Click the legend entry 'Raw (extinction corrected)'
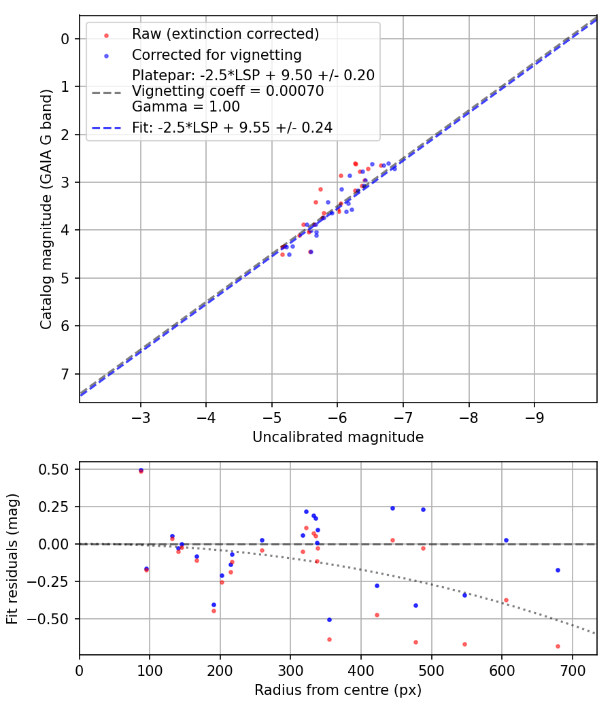(225, 34)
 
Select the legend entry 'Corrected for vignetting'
(217, 54)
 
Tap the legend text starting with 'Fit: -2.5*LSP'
(232, 127)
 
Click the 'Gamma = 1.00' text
(186, 106)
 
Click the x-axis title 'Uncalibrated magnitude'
(338, 437)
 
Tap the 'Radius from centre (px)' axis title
(338, 690)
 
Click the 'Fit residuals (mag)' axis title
(13, 559)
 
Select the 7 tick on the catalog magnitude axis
(65, 374)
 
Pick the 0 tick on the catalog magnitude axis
(65, 39)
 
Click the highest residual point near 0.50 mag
(141, 470)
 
